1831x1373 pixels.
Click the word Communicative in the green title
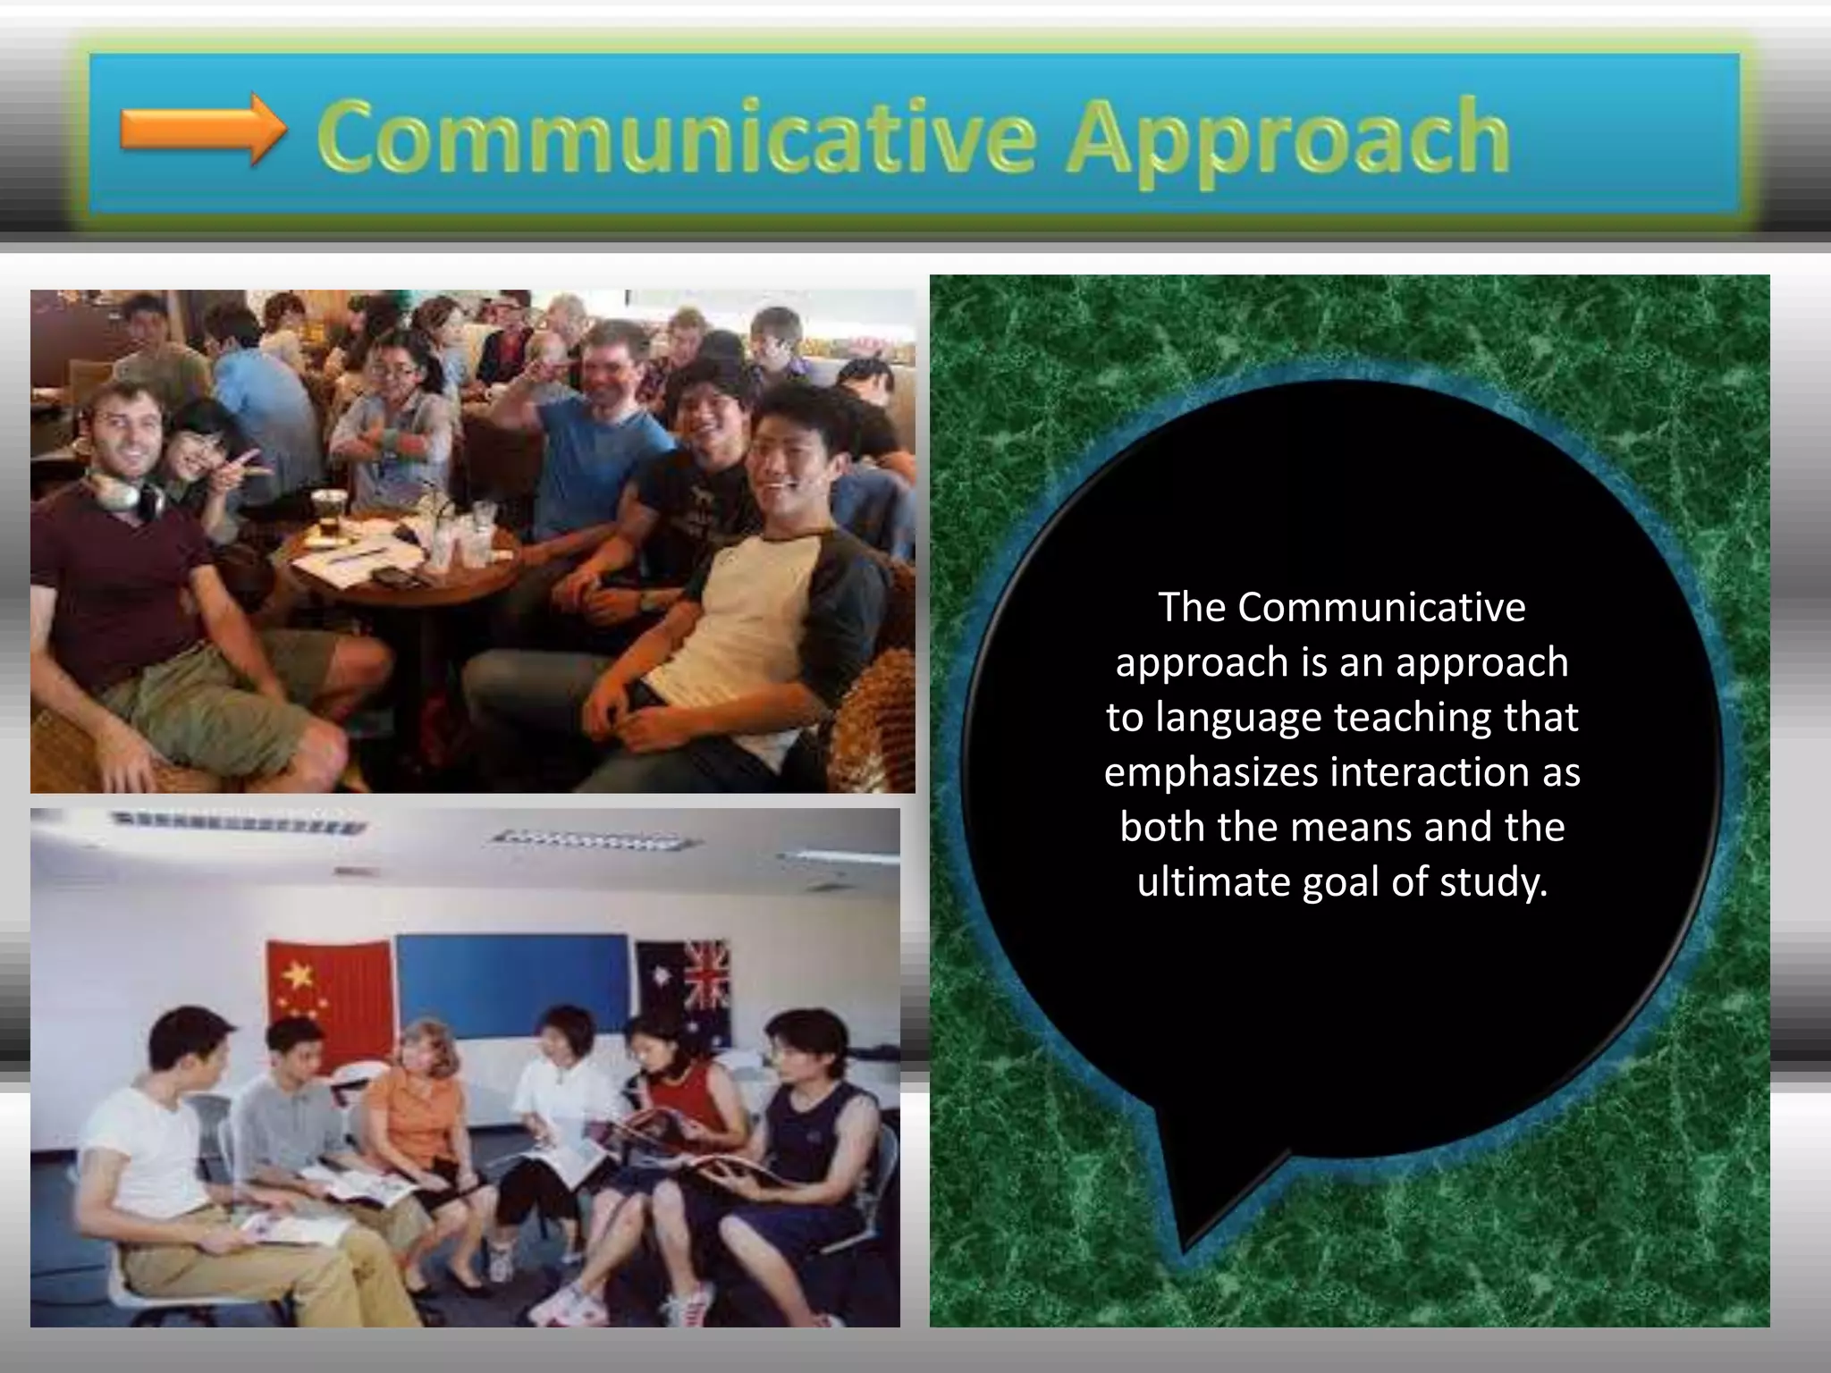(x=676, y=139)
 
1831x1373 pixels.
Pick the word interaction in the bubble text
(x=1429, y=772)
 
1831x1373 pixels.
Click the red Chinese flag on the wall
(x=328, y=992)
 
